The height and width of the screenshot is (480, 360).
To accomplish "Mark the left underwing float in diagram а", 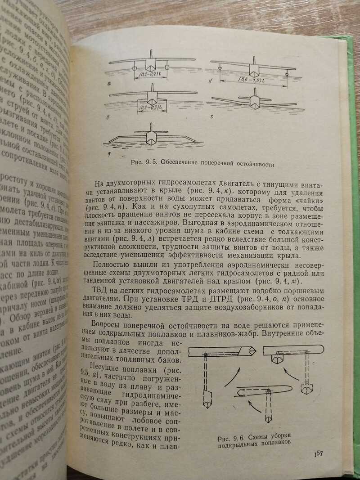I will tap(135, 68).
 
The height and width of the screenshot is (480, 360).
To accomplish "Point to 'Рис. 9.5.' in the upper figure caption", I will tap(143, 163).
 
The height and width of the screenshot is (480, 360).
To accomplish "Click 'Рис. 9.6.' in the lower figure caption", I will tap(229, 438).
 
